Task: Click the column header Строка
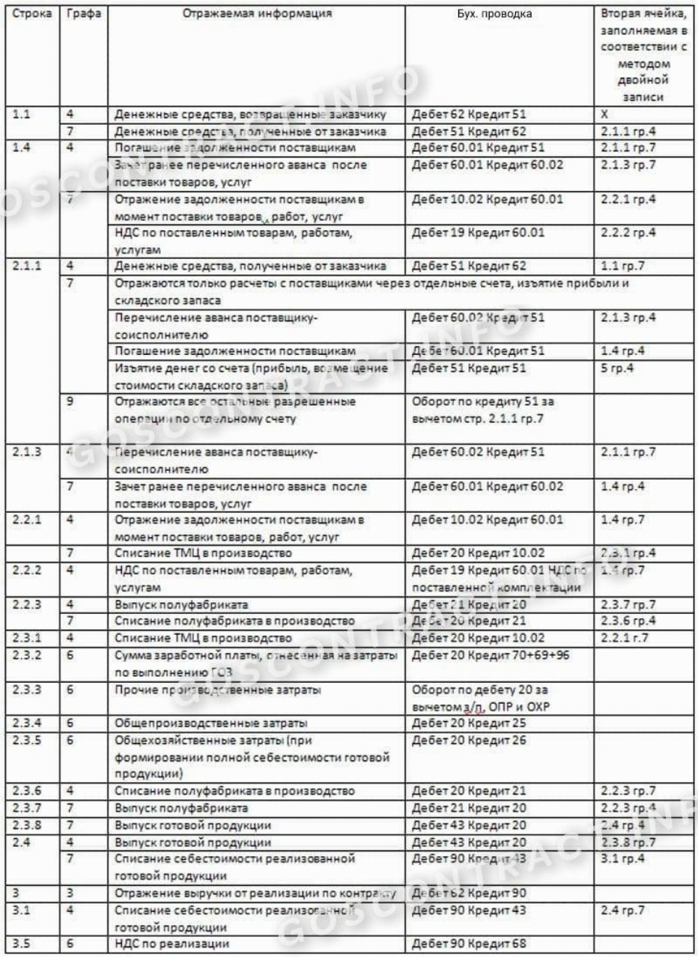point(32,14)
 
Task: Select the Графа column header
point(84,14)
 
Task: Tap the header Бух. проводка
point(494,14)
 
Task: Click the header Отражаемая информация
point(257,14)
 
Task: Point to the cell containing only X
point(604,115)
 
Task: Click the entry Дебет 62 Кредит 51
point(468,115)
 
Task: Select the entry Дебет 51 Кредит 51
point(468,369)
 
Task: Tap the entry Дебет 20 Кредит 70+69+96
point(490,655)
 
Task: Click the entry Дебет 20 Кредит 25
point(468,723)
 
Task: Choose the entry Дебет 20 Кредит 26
point(468,741)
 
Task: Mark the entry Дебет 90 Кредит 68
point(468,944)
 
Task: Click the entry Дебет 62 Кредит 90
point(468,893)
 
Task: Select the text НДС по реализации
point(172,944)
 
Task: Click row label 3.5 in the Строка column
point(22,944)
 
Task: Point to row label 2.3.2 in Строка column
point(27,655)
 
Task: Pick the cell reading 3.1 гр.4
point(622,859)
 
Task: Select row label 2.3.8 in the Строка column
point(27,826)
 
